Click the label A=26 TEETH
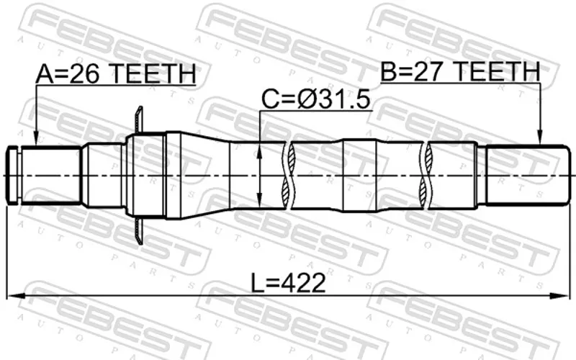coord(116,73)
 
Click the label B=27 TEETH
coord(460,71)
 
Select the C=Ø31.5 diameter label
coord(315,99)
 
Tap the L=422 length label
coord(289,283)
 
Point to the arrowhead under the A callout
coord(36,139)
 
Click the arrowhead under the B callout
coord(539,138)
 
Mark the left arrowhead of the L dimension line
coord(15,296)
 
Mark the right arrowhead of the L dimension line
coord(559,296)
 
